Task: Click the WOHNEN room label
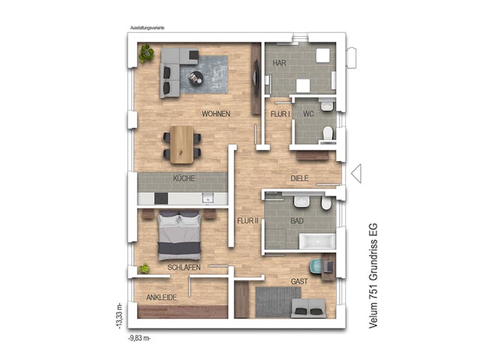click(215, 114)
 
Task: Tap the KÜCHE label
click(184, 178)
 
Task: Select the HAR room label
click(280, 63)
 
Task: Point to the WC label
click(307, 114)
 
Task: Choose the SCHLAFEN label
click(184, 267)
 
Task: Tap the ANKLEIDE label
click(161, 298)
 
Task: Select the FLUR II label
click(247, 221)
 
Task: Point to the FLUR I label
click(280, 114)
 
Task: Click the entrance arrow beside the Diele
click(356, 174)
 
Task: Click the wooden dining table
click(181, 143)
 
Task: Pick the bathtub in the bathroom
click(316, 241)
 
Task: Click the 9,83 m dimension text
click(140, 339)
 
